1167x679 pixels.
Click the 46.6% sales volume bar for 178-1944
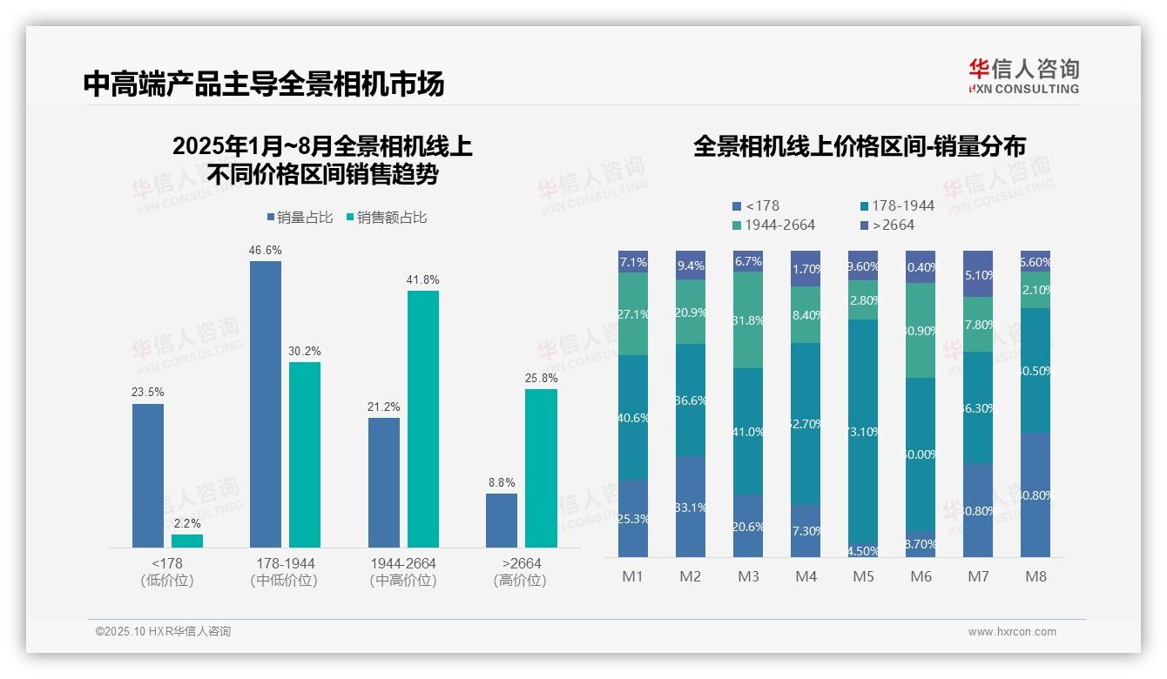click(266, 404)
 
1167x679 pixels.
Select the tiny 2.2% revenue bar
click(187, 541)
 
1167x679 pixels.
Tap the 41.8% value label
click(423, 280)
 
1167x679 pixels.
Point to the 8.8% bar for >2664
click(502, 521)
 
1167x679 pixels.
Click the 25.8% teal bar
click(541, 468)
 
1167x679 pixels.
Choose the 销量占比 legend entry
click(299, 218)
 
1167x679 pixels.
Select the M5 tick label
click(863, 576)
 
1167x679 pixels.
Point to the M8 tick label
click(1035, 576)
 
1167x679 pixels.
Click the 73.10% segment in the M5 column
click(863, 432)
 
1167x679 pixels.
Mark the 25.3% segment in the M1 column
click(633, 518)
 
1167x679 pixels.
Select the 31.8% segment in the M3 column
click(748, 319)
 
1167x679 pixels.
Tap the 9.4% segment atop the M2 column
click(691, 265)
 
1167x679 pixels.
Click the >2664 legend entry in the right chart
click(887, 225)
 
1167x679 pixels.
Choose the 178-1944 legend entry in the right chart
click(896, 206)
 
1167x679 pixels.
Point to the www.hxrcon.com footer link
click(1012, 632)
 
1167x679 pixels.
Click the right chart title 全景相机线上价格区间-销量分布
click(859, 146)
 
